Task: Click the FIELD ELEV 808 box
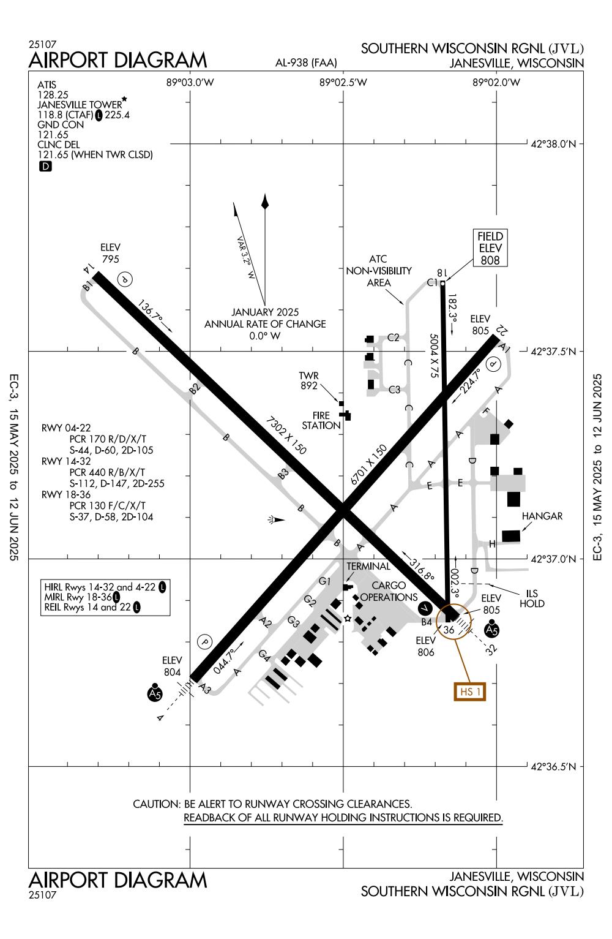[x=491, y=249]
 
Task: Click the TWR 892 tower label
[x=309, y=381]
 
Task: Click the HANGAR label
[x=542, y=516]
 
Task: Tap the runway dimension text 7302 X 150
[x=286, y=436]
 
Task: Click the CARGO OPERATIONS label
[x=389, y=591]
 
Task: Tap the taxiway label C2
[x=394, y=338]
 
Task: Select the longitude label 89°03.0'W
[x=190, y=83]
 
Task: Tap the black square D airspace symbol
[x=45, y=166]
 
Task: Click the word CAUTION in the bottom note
[x=155, y=804]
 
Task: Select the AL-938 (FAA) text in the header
[x=307, y=63]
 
